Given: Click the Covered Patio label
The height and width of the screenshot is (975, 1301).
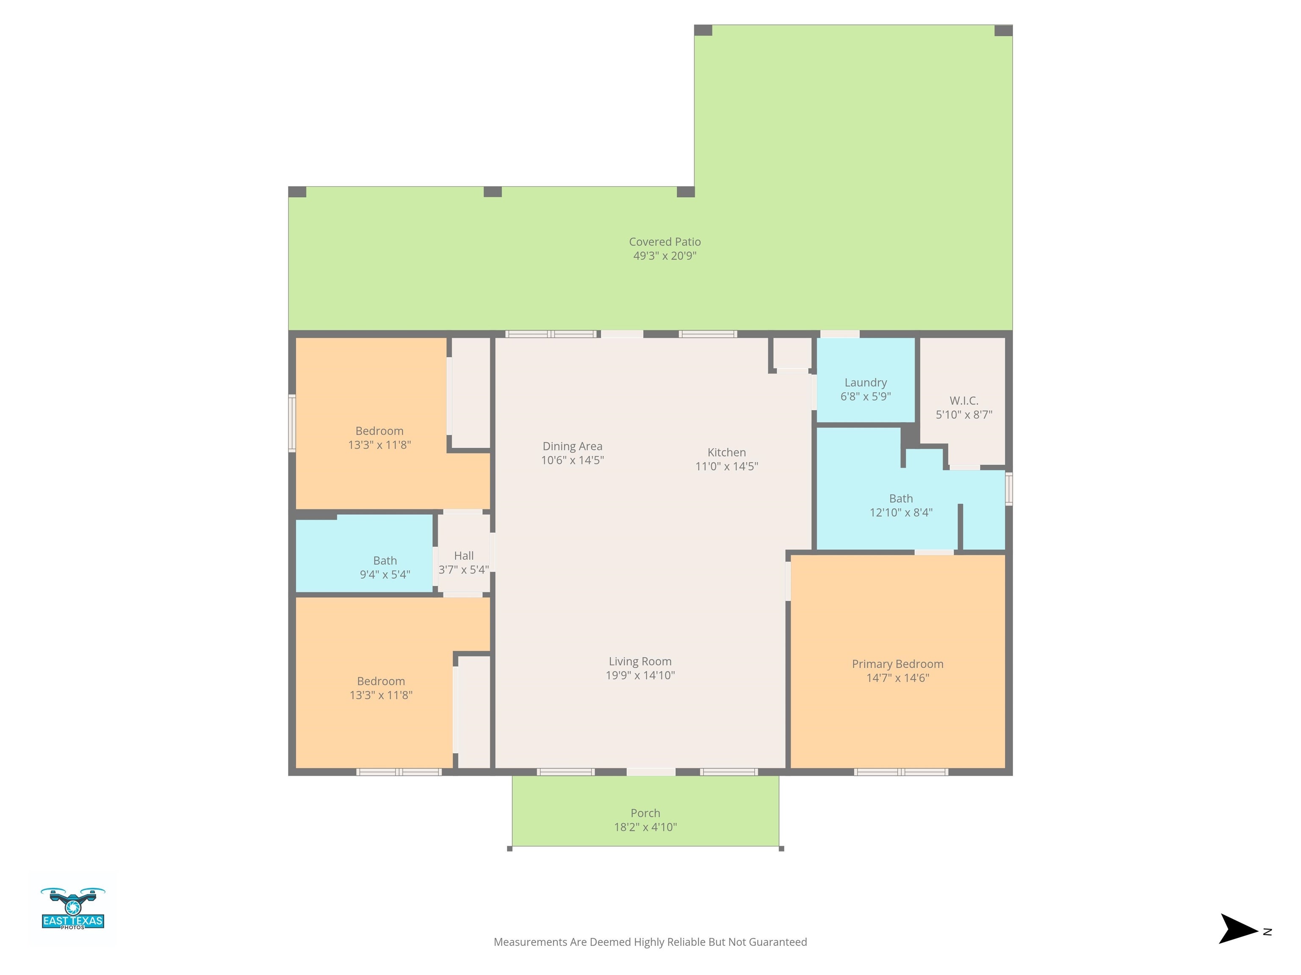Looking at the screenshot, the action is pyautogui.click(x=664, y=242).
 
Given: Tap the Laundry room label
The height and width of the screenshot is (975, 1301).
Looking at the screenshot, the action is pyautogui.click(x=865, y=383).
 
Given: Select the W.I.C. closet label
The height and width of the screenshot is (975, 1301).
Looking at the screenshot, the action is pyautogui.click(x=964, y=401).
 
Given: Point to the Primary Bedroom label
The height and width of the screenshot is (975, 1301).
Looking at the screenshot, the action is pyautogui.click(x=897, y=664).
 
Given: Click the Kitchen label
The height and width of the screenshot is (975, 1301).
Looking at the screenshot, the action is pyautogui.click(x=726, y=452).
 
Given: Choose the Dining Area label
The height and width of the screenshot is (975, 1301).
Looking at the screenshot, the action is pyautogui.click(x=572, y=446).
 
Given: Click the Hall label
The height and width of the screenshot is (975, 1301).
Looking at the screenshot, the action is pyautogui.click(x=463, y=556).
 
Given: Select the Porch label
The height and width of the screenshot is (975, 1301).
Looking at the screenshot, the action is pyautogui.click(x=645, y=813).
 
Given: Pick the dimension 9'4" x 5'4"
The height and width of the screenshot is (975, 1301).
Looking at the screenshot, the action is pyautogui.click(x=385, y=575).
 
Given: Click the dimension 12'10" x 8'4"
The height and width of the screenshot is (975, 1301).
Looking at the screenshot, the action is pyautogui.click(x=901, y=512).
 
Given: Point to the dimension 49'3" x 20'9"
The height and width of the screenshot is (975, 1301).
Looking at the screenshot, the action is pyautogui.click(x=664, y=256).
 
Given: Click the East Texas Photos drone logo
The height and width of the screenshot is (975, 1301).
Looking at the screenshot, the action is pyautogui.click(x=73, y=909).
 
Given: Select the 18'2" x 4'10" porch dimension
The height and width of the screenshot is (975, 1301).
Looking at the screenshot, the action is pyautogui.click(x=645, y=827).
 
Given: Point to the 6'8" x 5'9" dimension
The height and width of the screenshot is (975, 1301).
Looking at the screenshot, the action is pyautogui.click(x=865, y=397).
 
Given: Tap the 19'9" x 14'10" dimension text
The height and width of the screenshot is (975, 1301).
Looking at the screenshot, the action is pyautogui.click(x=640, y=676).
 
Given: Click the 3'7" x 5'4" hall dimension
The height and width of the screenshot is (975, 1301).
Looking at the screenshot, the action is pyautogui.click(x=463, y=570).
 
